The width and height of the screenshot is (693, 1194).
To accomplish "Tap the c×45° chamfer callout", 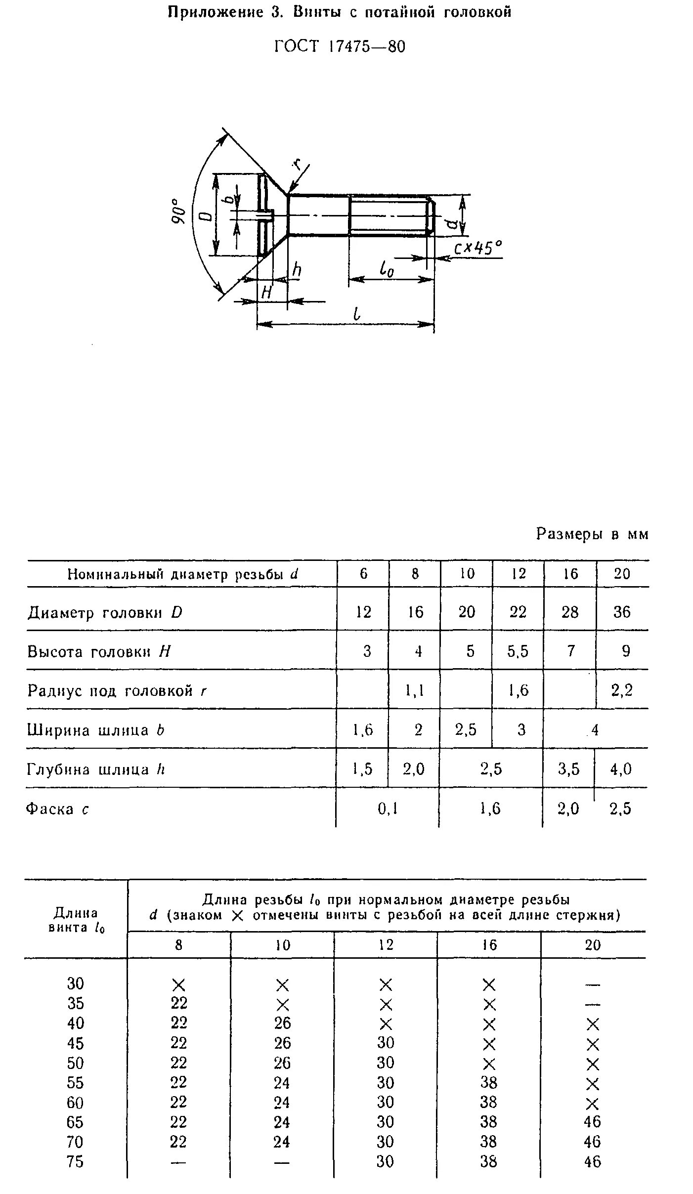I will pos(477,248).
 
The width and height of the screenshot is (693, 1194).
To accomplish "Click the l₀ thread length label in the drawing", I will pos(387,270).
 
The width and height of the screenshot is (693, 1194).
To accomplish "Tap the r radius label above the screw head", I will pos(297,164).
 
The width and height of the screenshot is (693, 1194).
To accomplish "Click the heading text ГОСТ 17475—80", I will pos(340,46).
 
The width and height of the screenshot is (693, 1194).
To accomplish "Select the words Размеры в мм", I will pos(592,534).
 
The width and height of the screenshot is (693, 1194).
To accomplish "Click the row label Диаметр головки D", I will pos(105,613).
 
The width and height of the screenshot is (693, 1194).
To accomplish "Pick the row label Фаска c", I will pos(57,809).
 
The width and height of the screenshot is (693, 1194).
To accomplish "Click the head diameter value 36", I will pos(622,612).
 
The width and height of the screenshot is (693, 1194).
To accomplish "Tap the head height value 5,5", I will pos(518,651).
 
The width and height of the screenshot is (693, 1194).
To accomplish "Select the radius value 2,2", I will pos(622,690).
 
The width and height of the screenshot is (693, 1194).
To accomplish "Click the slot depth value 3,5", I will pos(568,769).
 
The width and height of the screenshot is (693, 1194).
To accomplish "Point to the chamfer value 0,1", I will pos(388,809).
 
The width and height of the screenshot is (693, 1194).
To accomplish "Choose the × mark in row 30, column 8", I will pos(178,985).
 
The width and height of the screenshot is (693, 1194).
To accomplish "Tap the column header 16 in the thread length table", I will pos(489,945).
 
